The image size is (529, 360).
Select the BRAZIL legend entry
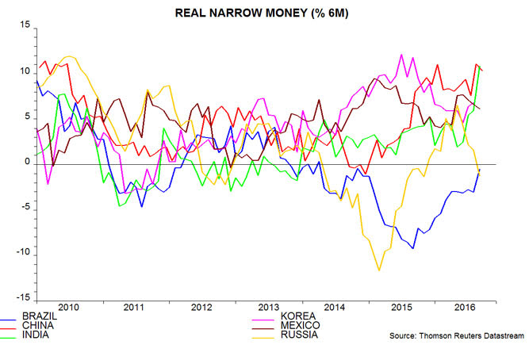tap(44, 316)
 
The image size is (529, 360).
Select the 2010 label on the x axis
tap(66, 307)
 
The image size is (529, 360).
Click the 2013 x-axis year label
tap(268, 307)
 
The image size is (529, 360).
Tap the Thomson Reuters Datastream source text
tap(456, 336)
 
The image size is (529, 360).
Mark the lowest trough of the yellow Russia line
tap(379, 270)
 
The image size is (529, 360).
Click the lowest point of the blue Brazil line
tap(413, 248)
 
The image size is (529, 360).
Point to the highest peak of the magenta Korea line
tap(402, 55)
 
